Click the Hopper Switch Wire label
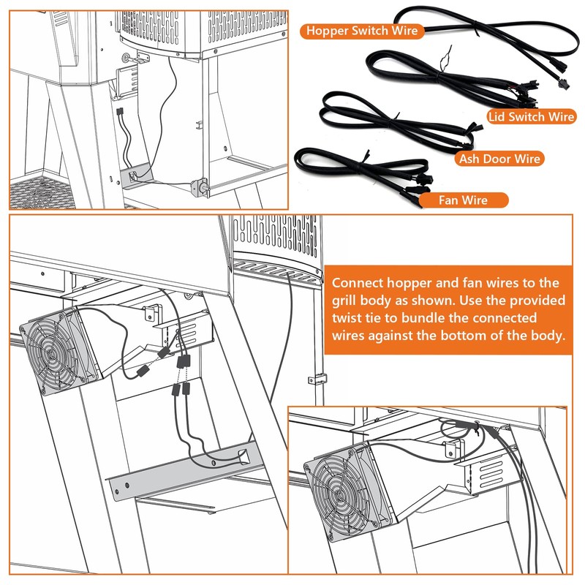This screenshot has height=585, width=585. pyautogui.click(x=362, y=31)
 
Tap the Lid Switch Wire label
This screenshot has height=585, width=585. pyautogui.click(x=532, y=117)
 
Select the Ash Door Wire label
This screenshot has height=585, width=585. pyautogui.click(x=499, y=159)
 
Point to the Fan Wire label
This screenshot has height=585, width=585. pyautogui.click(x=463, y=200)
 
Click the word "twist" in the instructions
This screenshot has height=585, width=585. pyautogui.click(x=346, y=318)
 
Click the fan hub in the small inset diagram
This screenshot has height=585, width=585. pyautogui.click(x=339, y=495)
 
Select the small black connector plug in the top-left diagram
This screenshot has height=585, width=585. pyautogui.click(x=119, y=111)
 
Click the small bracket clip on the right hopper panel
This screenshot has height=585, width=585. pyautogui.click(x=317, y=379)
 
